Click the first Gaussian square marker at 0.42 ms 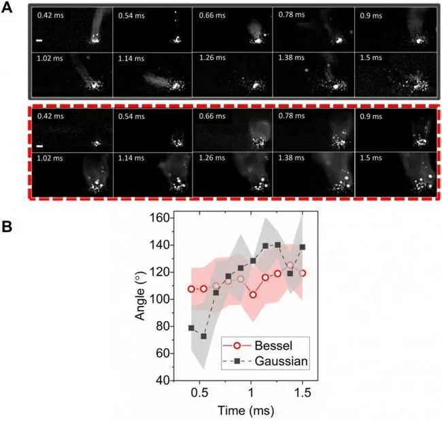[x=192, y=328]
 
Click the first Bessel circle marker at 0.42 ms [x=192, y=289]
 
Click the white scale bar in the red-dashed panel [x=39, y=146]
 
